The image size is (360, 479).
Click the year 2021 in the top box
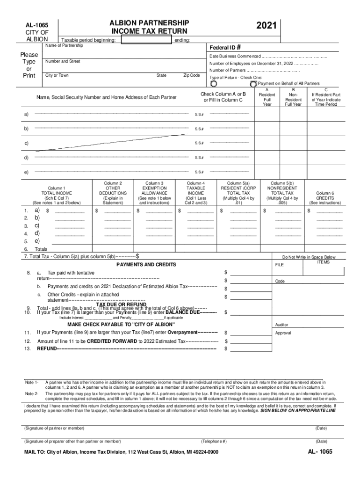click(267, 26)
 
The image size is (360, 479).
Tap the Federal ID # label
click(225, 48)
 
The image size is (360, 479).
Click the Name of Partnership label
click(64, 45)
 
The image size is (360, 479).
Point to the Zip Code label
click(191, 75)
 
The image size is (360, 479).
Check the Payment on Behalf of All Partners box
click(253, 84)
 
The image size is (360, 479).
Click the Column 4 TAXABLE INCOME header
click(195, 193)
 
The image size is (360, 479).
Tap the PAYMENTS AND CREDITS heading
click(146, 265)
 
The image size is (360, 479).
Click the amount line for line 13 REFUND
click(250, 348)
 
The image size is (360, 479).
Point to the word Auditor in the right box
click(282, 324)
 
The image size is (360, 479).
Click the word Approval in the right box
click(283, 333)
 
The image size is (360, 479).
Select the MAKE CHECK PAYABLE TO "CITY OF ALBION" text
click(121, 324)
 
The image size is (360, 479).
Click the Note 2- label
click(32, 394)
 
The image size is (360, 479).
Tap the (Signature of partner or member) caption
click(54, 428)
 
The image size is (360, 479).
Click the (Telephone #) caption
click(214, 441)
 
